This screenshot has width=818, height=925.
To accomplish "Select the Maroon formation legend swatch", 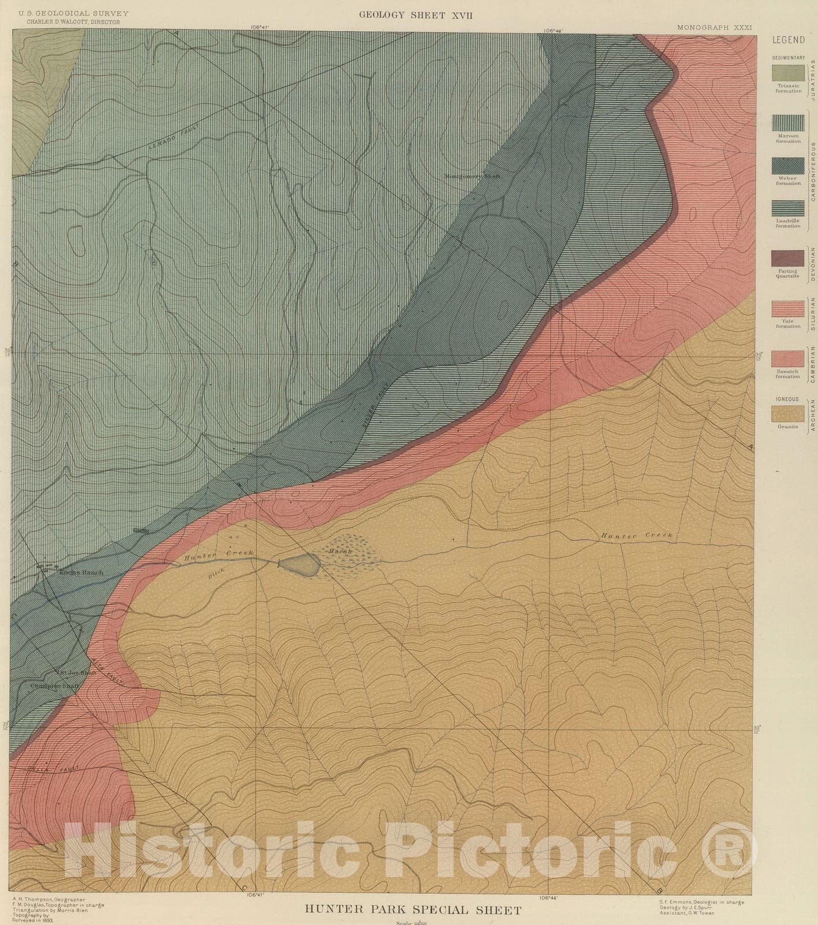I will coord(788,123).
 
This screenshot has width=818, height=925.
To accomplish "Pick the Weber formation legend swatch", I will coord(788,165).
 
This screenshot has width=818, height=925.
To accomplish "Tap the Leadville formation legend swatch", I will coord(788,208).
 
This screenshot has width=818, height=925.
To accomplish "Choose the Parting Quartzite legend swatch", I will coord(788,258).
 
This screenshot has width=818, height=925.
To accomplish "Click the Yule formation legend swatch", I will coord(788,309).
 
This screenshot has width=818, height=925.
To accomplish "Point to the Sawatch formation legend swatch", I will coord(788,359).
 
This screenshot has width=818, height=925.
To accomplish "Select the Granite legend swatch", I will coord(788,413).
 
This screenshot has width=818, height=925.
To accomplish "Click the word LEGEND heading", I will coord(788,40).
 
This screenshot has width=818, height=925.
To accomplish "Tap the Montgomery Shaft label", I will coord(471,176).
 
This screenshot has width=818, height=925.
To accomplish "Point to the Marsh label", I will coord(340,552).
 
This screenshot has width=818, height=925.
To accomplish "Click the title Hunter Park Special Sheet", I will coord(413,910).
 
